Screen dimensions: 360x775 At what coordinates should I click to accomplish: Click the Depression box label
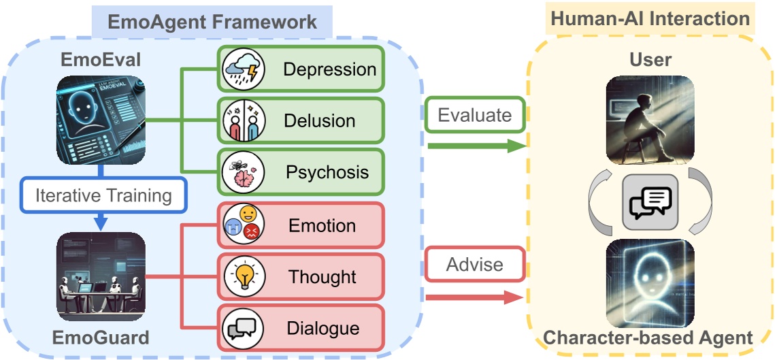(x=329, y=69)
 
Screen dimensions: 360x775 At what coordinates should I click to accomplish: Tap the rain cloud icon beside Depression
(x=243, y=69)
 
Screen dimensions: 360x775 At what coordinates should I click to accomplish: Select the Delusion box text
(x=319, y=121)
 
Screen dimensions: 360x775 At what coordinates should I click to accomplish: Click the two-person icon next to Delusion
(x=243, y=121)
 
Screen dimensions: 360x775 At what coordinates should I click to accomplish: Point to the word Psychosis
(x=327, y=171)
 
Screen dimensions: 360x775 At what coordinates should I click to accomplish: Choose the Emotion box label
(x=321, y=225)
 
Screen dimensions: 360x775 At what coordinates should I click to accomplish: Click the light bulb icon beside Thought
(x=243, y=276)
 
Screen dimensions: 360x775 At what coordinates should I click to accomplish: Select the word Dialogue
(x=323, y=328)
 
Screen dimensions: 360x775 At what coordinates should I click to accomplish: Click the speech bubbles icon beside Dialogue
(x=243, y=328)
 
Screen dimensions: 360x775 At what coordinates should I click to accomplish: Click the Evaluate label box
(x=474, y=115)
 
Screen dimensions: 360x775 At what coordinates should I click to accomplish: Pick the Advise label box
(x=474, y=264)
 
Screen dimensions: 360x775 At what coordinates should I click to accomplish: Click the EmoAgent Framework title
(x=211, y=21)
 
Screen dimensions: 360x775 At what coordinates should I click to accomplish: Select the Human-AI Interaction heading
(x=650, y=18)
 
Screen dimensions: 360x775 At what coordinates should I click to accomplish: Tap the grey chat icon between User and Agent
(x=650, y=201)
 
